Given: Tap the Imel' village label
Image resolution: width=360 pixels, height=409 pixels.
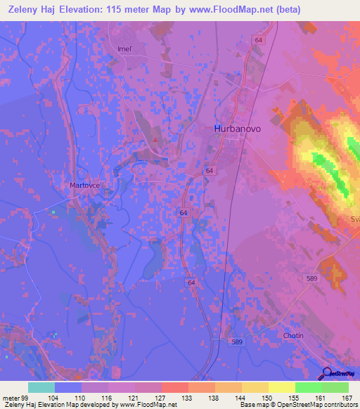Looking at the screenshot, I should [x=125, y=48].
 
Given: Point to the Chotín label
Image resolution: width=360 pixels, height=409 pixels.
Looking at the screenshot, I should [x=293, y=335].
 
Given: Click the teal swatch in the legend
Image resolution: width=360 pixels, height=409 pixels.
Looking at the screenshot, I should [x=41, y=387].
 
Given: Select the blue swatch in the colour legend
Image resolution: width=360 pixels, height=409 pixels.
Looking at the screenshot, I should [x=68, y=387].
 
